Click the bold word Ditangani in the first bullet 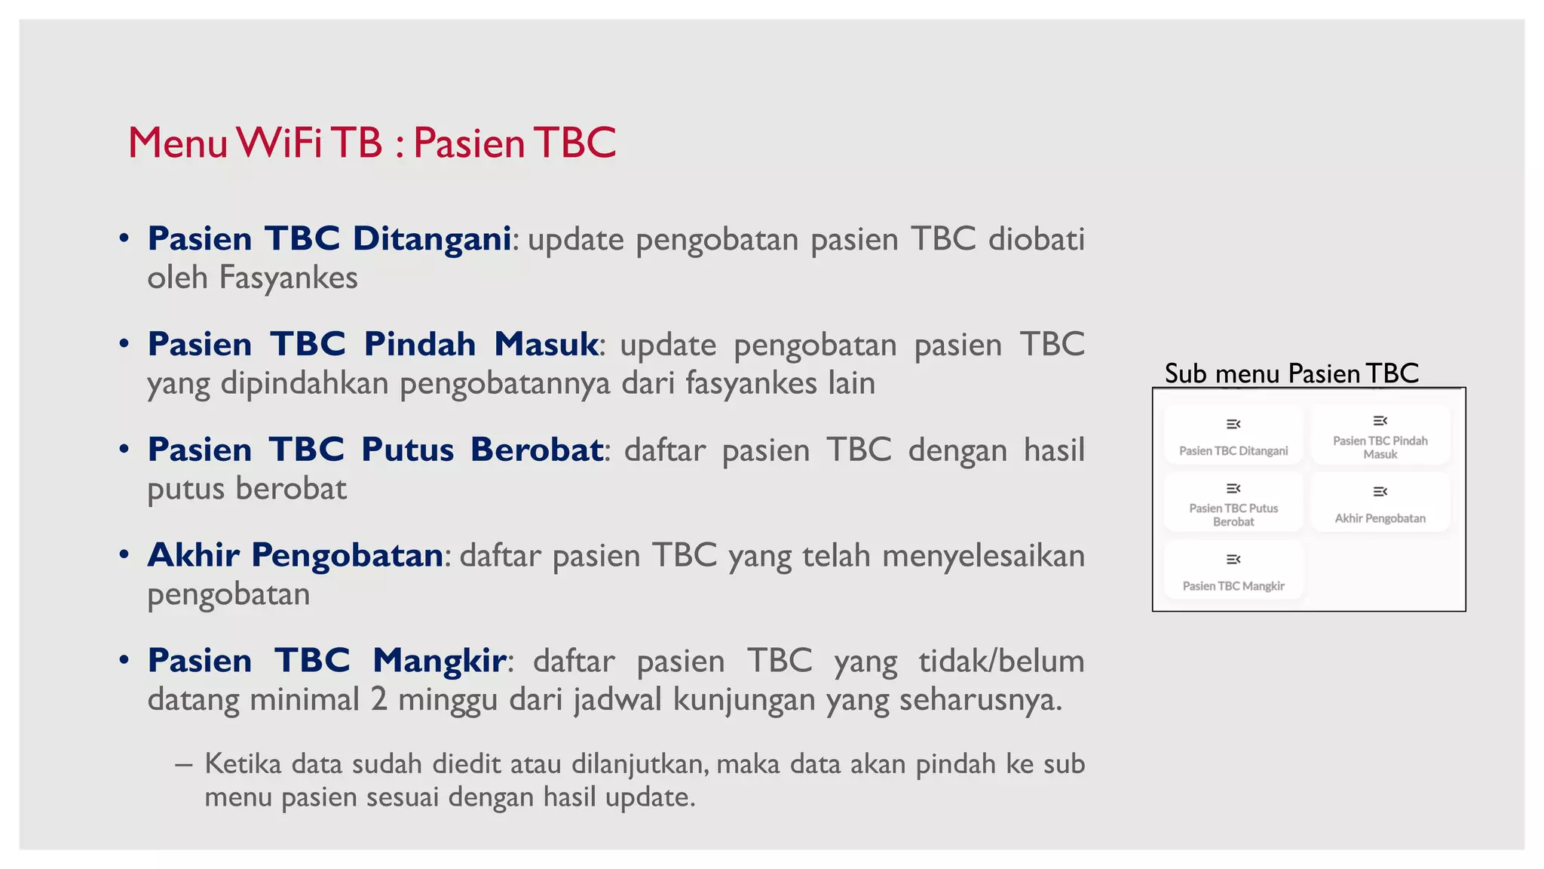coord(432,238)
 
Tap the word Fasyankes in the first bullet coord(288,278)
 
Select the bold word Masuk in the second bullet coord(546,344)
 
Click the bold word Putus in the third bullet coord(407,450)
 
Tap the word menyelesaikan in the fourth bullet coord(983,556)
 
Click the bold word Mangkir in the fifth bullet coord(439,661)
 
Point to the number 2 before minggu coord(378,699)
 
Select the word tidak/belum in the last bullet coord(1001,661)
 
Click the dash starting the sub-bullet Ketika coord(183,765)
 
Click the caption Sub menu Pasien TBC coord(1291,373)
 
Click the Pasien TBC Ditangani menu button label coord(1233,451)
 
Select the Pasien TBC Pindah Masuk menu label coord(1380,447)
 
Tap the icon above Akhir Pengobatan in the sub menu coord(1380,492)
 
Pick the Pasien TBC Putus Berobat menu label coord(1233,515)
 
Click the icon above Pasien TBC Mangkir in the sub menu coord(1233,559)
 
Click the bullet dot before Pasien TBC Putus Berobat coord(124,450)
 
